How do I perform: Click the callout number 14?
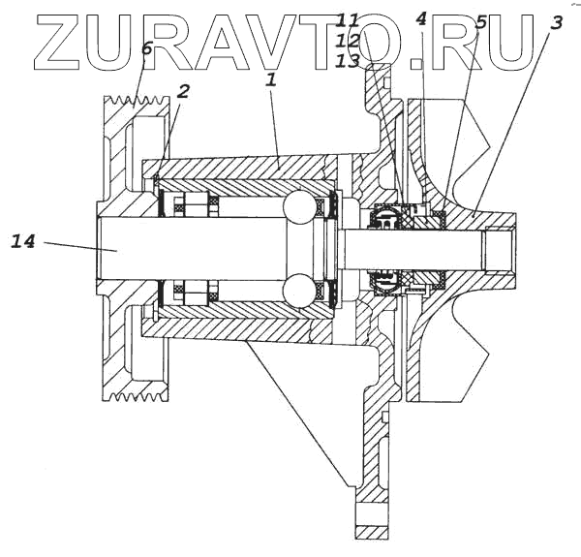(23, 240)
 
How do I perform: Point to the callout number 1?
(271, 80)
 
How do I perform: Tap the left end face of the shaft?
(98, 248)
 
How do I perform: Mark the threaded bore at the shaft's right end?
(497, 248)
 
